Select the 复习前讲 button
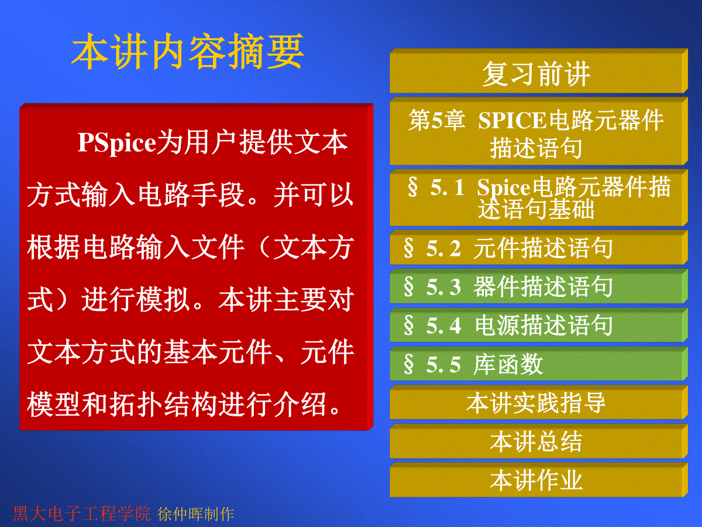click(539, 71)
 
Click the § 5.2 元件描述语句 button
click(539, 247)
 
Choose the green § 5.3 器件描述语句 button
click(539, 286)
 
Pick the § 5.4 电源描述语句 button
click(539, 325)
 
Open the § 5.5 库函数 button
click(539, 364)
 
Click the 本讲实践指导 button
click(539, 402)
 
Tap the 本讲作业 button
click(539, 480)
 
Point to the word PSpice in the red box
click(116, 143)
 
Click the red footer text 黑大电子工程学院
click(82, 514)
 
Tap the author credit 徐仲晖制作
click(196, 514)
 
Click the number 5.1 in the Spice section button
click(447, 187)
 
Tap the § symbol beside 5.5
click(409, 364)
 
